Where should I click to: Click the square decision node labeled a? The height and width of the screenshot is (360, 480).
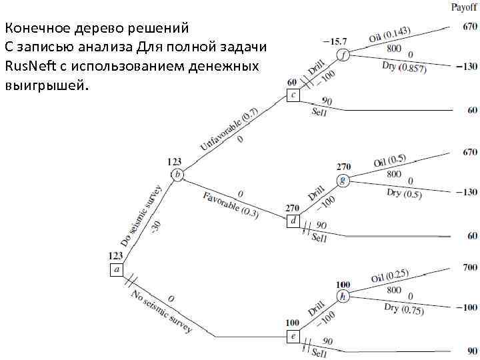(117, 269)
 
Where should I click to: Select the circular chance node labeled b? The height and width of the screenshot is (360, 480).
(177, 175)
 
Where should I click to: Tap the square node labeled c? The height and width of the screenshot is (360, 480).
(293, 95)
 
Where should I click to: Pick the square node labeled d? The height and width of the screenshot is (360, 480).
(293, 221)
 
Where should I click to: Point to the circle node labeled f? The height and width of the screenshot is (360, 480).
(343, 55)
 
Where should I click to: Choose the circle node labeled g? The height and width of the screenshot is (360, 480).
(343, 180)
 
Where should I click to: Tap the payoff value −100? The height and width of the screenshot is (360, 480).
(467, 307)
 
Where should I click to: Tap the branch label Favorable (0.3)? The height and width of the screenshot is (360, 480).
(231, 203)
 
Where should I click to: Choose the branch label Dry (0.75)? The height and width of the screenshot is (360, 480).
(403, 310)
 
